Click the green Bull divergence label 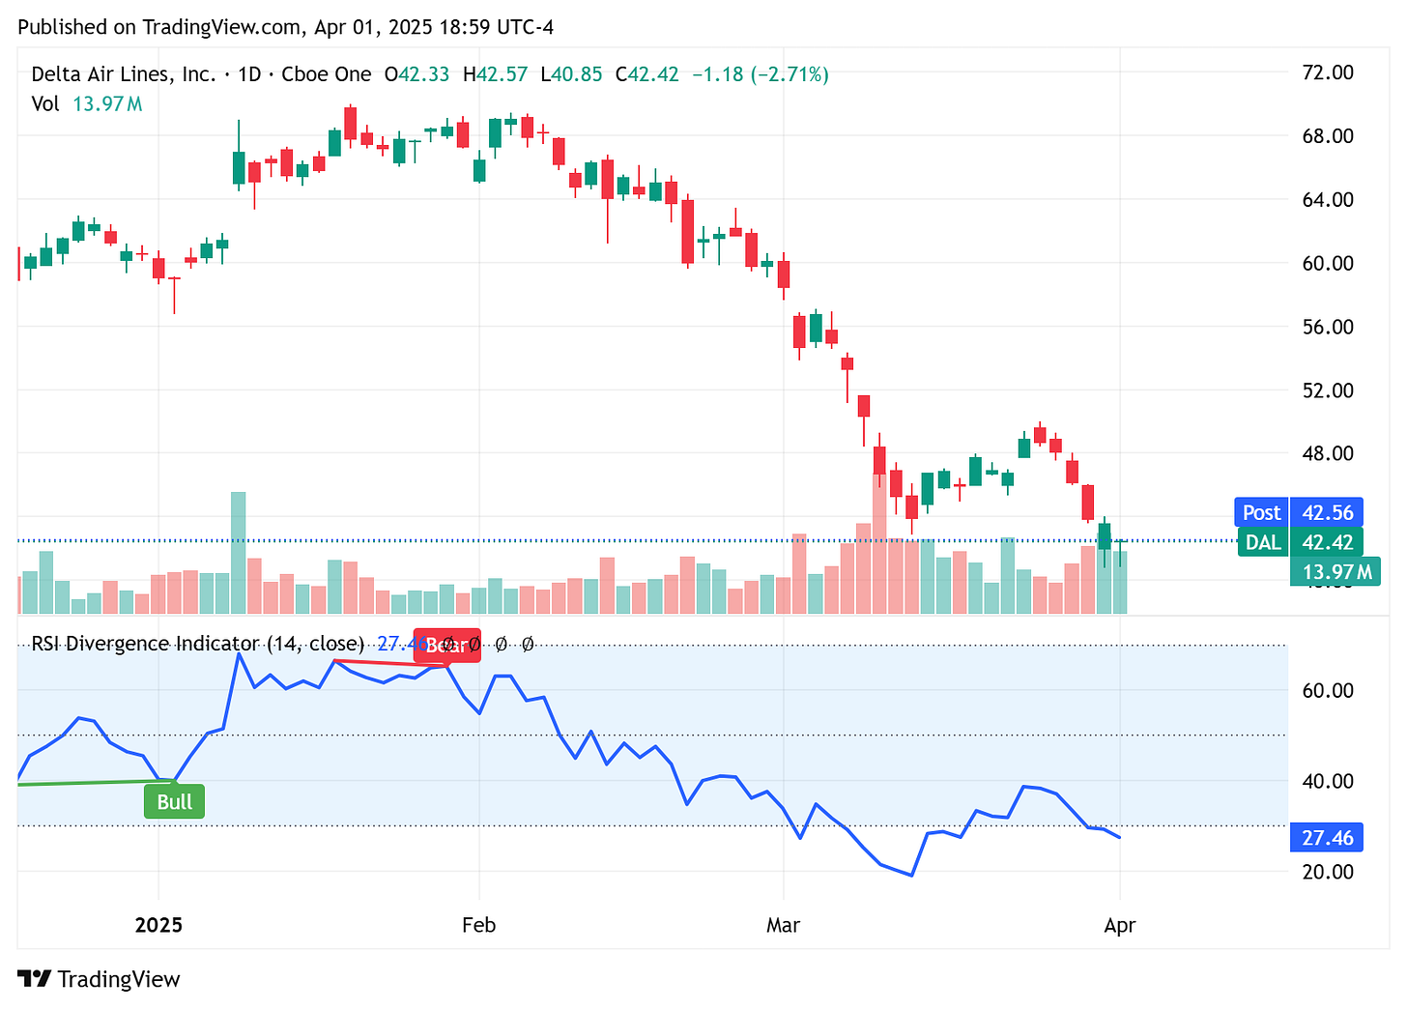[x=174, y=802]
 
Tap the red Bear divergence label [x=446, y=646]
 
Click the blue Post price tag [x=1261, y=512]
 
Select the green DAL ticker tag [x=1262, y=542]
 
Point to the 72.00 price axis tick [x=1327, y=72]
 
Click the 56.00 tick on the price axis [x=1327, y=327]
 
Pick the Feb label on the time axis [x=478, y=925]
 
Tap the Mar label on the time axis [x=783, y=925]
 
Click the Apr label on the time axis [x=1119, y=925]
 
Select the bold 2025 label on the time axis [x=158, y=925]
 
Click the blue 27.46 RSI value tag [x=1327, y=838]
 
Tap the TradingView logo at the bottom [x=99, y=979]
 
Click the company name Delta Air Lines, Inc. [x=124, y=74]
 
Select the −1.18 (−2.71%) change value [x=761, y=74]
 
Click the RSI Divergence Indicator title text [x=197, y=644]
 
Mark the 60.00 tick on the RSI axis [x=1327, y=690]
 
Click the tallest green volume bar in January [x=238, y=553]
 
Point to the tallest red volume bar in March [x=879, y=544]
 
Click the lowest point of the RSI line [x=911, y=876]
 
